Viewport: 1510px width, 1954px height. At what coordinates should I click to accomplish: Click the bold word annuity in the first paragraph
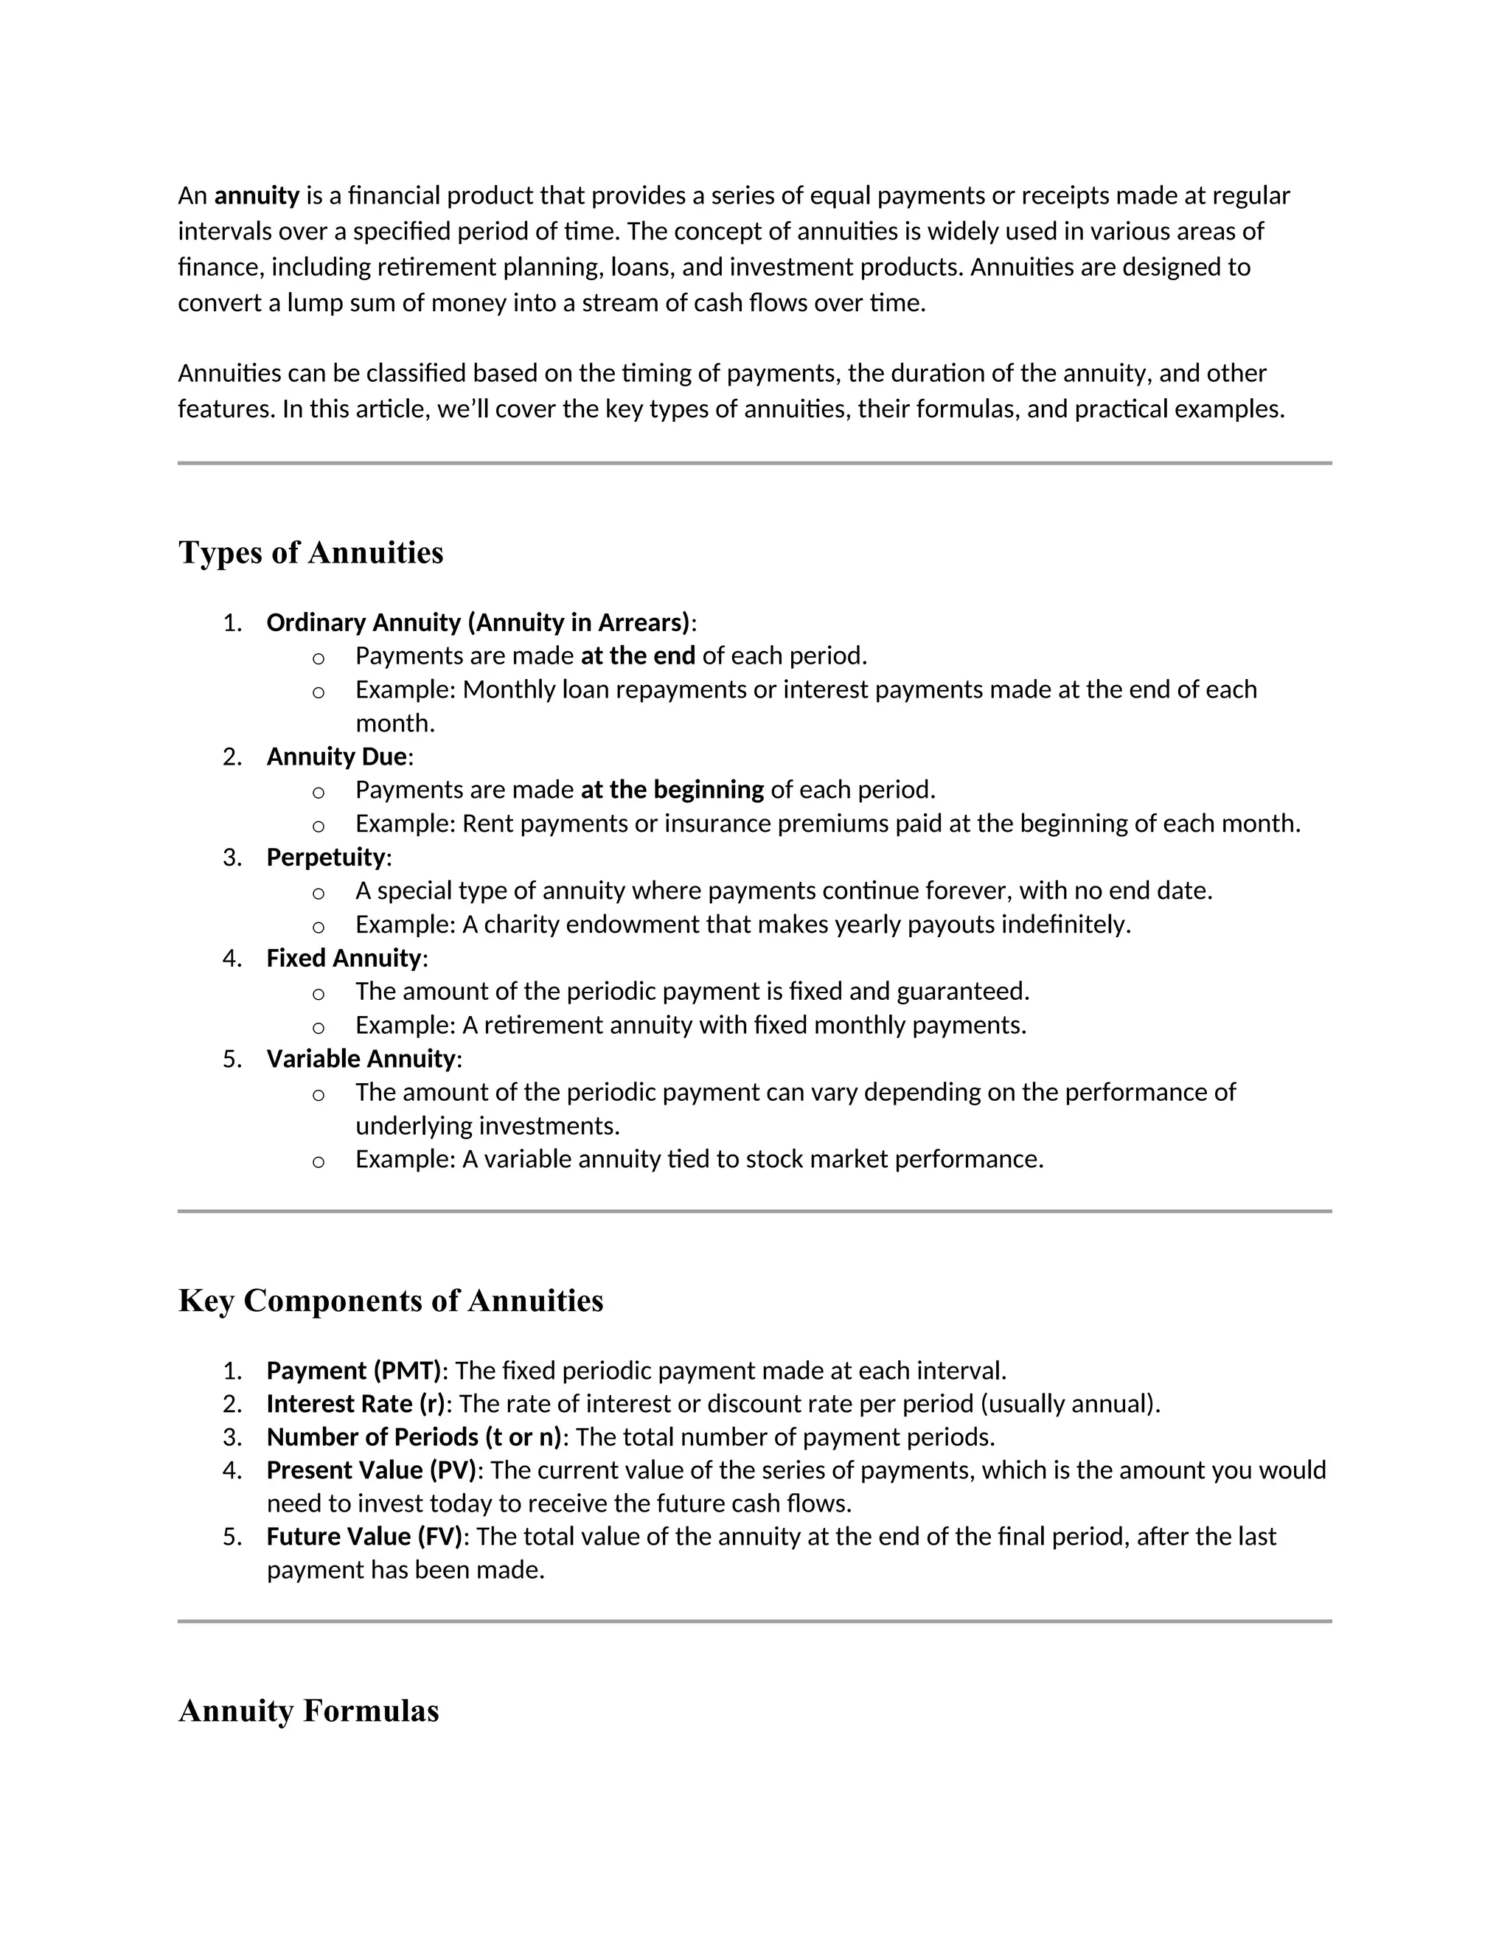point(257,196)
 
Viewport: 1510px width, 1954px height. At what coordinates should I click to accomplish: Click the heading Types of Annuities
point(310,552)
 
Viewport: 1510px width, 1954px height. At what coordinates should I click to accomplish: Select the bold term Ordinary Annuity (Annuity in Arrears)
point(479,623)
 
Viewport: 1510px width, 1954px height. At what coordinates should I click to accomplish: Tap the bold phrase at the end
point(637,656)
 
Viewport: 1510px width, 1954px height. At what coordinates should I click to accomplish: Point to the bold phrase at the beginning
point(672,790)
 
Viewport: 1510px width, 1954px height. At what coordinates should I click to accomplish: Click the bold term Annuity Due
point(336,757)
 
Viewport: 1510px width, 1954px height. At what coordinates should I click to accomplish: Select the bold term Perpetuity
point(326,857)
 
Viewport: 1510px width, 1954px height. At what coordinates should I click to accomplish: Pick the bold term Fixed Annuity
point(344,959)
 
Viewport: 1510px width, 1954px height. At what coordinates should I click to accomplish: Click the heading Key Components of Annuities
point(390,1300)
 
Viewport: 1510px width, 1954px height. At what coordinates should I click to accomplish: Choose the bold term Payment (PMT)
point(354,1371)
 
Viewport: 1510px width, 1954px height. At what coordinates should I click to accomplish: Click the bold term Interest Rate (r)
point(356,1404)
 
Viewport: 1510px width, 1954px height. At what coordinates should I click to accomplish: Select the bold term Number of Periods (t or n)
point(414,1437)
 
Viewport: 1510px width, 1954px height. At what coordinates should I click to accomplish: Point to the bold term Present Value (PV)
point(372,1470)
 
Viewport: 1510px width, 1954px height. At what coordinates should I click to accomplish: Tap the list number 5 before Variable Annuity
point(231,1060)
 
